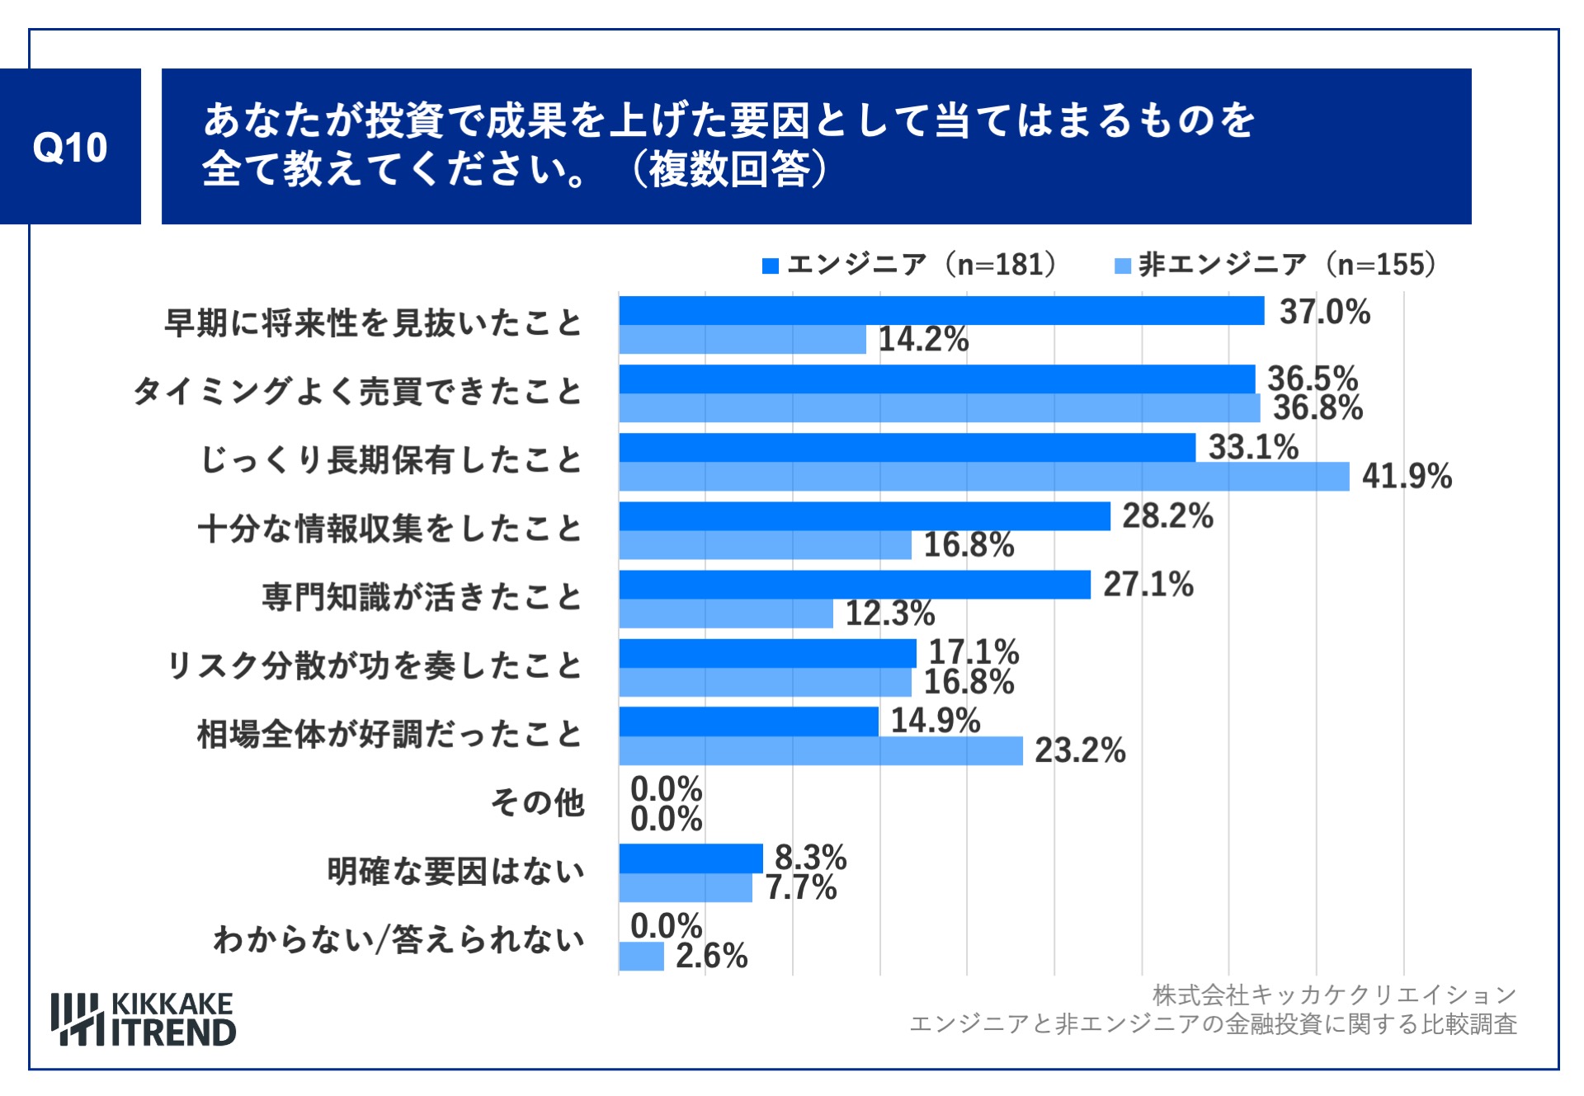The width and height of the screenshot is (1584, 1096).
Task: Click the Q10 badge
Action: click(70, 147)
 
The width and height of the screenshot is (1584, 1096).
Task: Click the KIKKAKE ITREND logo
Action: click(144, 1019)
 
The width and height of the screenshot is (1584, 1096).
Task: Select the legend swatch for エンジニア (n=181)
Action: click(771, 266)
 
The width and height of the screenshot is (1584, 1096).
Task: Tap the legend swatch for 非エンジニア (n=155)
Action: click(1122, 266)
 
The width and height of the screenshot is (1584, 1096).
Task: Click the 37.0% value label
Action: click(1324, 312)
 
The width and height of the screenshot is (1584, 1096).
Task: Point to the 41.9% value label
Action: click(1407, 476)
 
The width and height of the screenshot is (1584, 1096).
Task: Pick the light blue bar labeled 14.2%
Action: click(742, 340)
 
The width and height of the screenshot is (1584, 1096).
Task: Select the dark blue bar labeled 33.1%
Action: click(907, 447)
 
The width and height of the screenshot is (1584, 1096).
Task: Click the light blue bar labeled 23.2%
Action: click(821, 750)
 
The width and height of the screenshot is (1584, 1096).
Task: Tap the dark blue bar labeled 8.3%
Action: click(691, 858)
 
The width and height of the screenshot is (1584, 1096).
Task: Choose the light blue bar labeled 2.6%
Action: click(641, 957)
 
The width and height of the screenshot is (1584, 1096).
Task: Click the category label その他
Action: click(537, 802)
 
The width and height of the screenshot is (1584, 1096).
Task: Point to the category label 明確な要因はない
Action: click(455, 871)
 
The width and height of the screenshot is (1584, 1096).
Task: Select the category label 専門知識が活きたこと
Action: click(422, 597)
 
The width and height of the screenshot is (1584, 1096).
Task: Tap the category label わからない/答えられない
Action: click(398, 939)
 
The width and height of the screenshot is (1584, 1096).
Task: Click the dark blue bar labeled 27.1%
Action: click(855, 584)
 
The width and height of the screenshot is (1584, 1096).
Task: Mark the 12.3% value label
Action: click(890, 613)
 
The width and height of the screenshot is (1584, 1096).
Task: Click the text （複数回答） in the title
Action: click(729, 169)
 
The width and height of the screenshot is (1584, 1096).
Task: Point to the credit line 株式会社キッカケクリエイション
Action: click(1334, 995)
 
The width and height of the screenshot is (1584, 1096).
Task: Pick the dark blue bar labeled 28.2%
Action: click(865, 515)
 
